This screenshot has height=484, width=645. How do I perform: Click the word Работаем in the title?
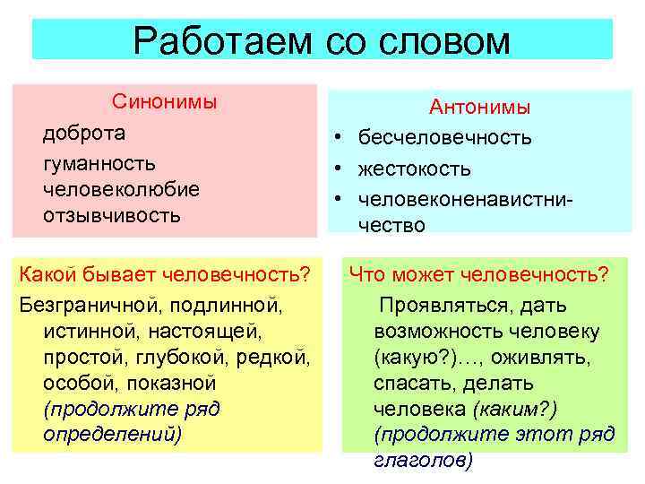219,41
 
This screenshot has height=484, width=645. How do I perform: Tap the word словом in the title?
444,41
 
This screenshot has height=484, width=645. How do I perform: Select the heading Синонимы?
164,100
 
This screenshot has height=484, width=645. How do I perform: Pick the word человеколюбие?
120,189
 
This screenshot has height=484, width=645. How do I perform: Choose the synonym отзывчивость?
111,215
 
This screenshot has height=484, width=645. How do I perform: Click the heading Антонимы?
480,108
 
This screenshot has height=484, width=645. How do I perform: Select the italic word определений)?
111,435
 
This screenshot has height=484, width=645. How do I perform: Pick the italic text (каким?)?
513,409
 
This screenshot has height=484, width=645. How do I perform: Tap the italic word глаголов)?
422,460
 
